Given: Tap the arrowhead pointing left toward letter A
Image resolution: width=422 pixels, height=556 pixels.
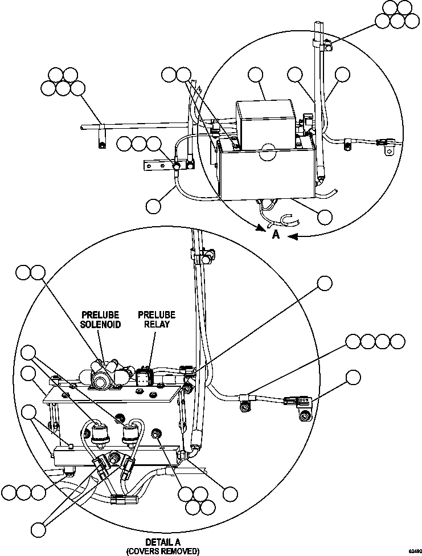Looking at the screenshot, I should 292,236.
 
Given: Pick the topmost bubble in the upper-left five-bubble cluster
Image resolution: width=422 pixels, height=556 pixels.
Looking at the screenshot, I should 56,75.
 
